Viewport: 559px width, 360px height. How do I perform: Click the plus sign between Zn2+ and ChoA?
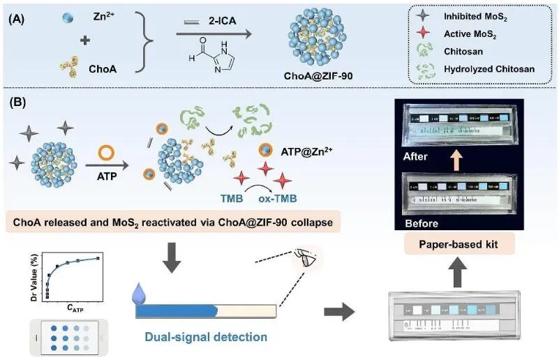[x=85, y=40]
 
